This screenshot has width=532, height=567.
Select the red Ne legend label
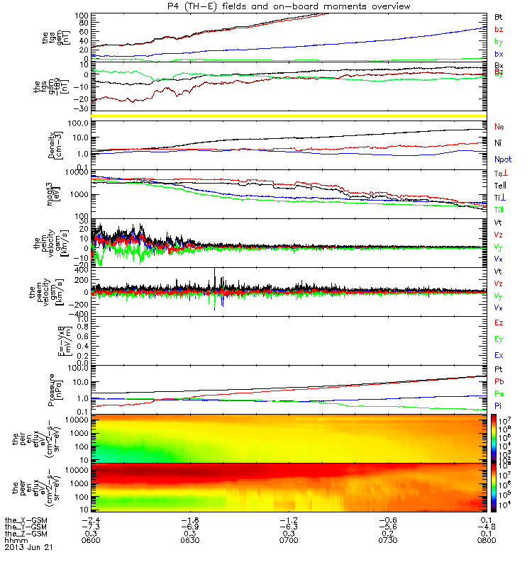click(499, 126)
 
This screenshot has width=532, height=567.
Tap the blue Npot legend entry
click(502, 161)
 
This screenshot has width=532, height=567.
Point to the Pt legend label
click(499, 370)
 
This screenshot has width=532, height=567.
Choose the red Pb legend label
click(499, 381)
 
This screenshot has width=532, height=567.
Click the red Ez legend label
click(499, 322)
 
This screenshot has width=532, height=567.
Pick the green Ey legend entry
click(499, 339)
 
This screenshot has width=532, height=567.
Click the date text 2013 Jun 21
click(29, 548)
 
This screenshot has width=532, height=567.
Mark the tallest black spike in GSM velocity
click(214, 270)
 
